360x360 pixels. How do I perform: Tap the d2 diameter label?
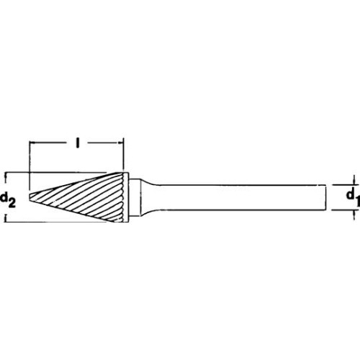point(9,197)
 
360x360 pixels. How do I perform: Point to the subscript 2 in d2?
point(13,201)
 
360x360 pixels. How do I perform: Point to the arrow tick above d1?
point(354,181)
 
